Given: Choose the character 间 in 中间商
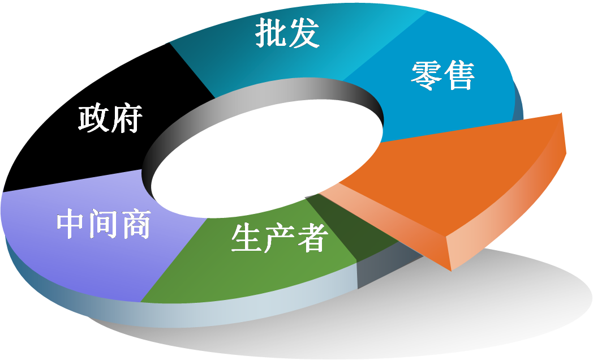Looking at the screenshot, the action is (x=104, y=225).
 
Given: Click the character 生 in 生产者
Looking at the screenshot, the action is (x=247, y=238).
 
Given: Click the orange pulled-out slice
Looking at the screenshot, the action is (x=464, y=181).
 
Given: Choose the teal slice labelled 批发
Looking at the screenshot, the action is (x=238, y=62).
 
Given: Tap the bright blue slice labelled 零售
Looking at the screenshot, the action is (x=447, y=108).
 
